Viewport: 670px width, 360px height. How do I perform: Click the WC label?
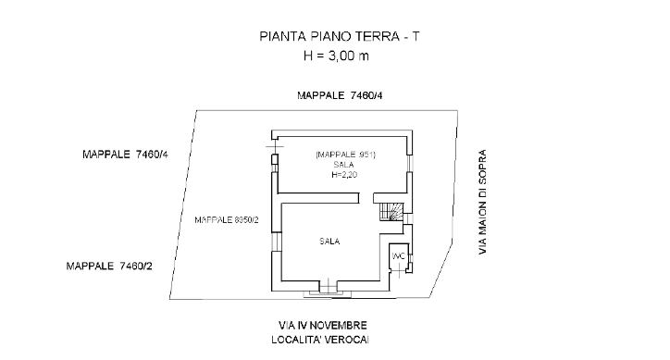point(398,256)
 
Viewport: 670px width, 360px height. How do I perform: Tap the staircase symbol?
point(391,212)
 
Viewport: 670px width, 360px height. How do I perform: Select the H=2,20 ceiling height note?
point(344,174)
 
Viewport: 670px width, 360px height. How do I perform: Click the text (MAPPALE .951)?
point(345,155)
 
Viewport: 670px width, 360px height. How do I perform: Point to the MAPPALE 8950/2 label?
point(227,219)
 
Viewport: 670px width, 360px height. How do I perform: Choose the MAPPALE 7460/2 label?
point(109,266)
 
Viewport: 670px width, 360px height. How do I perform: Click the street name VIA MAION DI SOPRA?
point(482,202)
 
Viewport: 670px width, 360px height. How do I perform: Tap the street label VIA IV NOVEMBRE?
point(323,326)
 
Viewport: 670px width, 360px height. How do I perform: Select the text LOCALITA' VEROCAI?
point(320,340)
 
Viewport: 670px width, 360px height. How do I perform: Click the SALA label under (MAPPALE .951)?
point(343,165)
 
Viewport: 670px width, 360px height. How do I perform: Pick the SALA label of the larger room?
point(329,242)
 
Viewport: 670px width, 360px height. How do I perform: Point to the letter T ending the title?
point(416,36)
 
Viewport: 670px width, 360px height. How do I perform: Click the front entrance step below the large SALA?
point(329,294)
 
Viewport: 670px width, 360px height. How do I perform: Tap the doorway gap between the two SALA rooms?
point(366,198)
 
